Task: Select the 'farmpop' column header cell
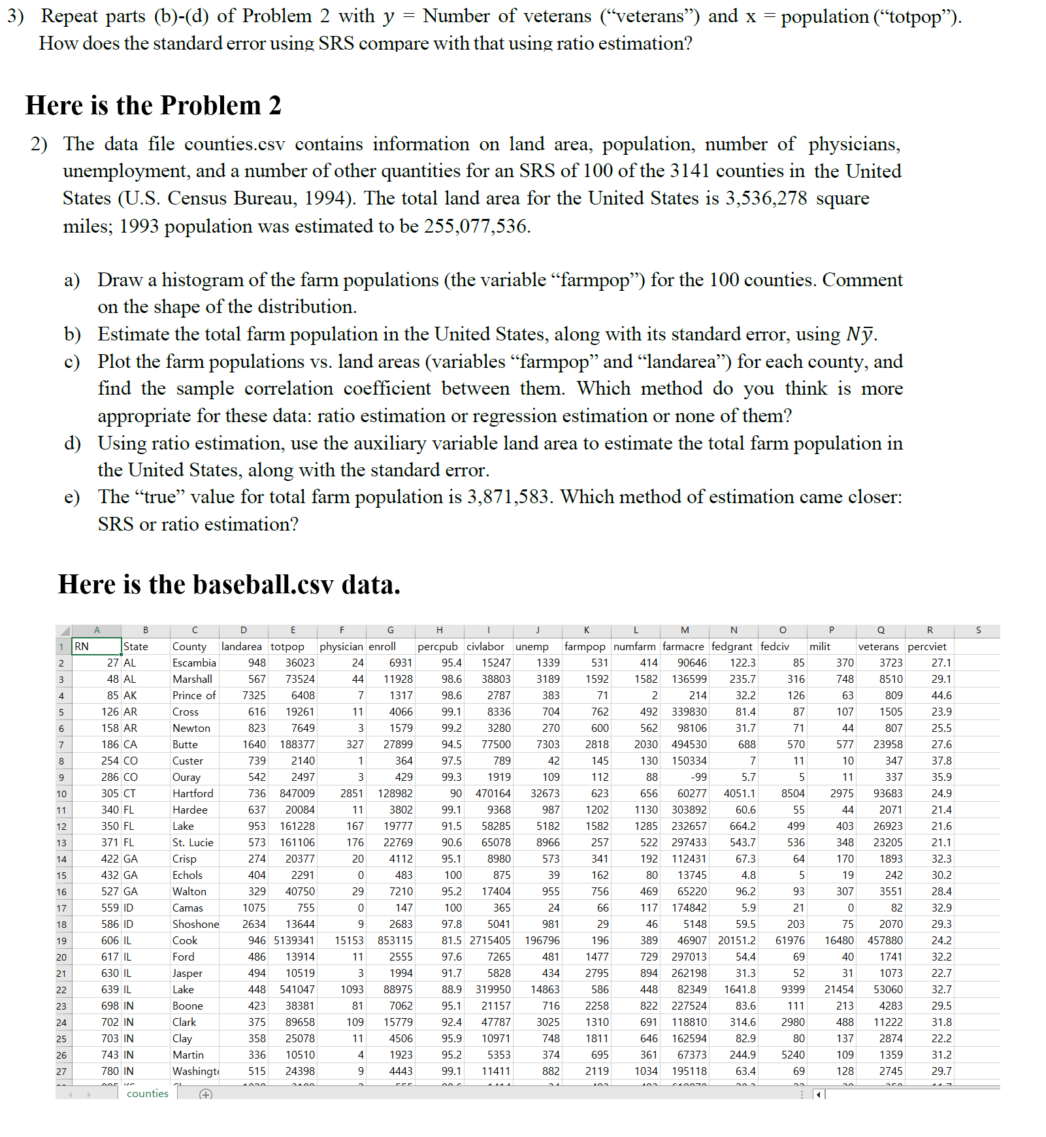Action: point(585,646)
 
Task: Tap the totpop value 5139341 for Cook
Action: point(294,940)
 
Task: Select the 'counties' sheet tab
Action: point(148,1093)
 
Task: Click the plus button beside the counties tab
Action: point(206,1095)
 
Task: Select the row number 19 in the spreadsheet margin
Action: point(61,941)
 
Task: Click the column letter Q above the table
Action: point(881,630)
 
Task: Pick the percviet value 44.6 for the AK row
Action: point(941,695)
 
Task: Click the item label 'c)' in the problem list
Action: point(72,361)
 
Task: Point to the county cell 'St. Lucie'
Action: point(193,842)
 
